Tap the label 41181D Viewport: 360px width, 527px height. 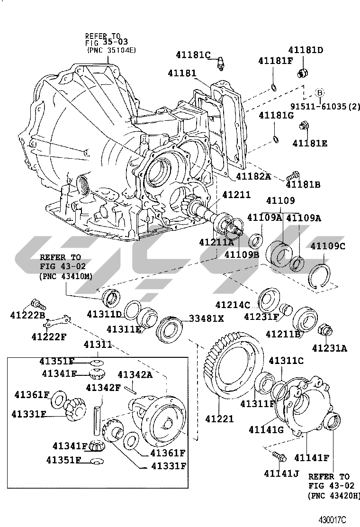point(306,50)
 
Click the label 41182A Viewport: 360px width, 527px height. point(253,176)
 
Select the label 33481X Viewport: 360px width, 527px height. point(207,318)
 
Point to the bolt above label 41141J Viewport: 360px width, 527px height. point(279,457)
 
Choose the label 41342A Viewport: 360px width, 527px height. point(135,375)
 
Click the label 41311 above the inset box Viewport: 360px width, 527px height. point(98,345)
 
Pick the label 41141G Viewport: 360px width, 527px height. point(266,429)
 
